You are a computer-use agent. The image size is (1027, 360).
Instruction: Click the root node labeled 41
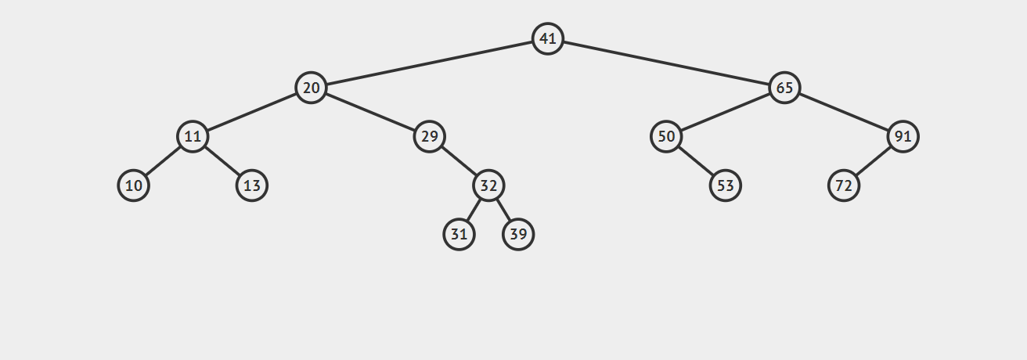coord(548,38)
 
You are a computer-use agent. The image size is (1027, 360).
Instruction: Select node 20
coord(311,88)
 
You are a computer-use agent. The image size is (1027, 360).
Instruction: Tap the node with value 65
coord(784,88)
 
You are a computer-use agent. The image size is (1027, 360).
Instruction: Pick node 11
coord(193,137)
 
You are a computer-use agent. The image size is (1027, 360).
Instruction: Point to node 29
coord(429,137)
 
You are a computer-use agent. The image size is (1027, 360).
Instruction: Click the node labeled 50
coord(666,137)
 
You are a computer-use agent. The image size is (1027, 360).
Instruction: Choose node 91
coord(903,137)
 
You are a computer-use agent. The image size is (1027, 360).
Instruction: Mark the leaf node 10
coord(134,185)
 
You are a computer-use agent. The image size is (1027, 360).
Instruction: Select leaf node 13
coord(252,185)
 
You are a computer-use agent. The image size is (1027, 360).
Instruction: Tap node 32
coord(488,185)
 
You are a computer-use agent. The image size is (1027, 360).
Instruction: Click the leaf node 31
coord(459,234)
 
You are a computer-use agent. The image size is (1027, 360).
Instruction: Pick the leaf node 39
coord(518,234)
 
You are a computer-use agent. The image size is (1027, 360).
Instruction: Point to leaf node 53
coord(726,185)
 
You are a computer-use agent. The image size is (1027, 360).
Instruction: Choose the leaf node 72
coord(844,185)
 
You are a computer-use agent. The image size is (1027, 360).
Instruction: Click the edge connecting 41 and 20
coord(429,63)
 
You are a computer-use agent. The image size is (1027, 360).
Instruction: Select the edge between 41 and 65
coord(666,63)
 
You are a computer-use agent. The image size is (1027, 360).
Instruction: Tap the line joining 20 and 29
coord(369,112)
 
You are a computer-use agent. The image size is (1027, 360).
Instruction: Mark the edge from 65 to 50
coord(725,112)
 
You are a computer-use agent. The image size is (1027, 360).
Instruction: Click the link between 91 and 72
coord(873,161)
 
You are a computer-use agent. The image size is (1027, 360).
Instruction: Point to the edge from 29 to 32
coord(459,161)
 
